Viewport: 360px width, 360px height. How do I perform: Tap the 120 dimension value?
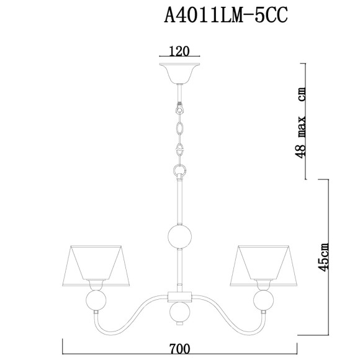[x=180, y=52]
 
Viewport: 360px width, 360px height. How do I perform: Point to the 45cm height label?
[x=323, y=256]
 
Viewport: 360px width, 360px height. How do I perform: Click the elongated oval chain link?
[x=180, y=129]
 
